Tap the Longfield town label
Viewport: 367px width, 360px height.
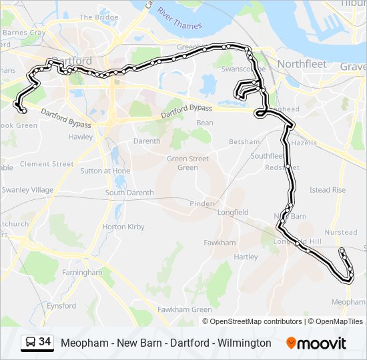(x=233, y=213)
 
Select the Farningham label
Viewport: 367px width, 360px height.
(x=83, y=273)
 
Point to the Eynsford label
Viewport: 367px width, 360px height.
(x=61, y=305)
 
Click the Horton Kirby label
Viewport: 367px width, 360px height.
(x=123, y=227)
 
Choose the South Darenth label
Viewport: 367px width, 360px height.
(x=129, y=193)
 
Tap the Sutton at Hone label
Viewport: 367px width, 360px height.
(x=105, y=171)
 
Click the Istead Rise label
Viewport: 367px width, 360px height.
(x=328, y=190)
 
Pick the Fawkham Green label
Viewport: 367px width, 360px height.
(x=184, y=310)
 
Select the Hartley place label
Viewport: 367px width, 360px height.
(x=246, y=257)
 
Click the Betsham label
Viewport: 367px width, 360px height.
(x=244, y=142)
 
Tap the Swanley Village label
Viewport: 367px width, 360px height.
(x=27, y=190)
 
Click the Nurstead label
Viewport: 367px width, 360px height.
(x=340, y=233)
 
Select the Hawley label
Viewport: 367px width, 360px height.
(x=81, y=137)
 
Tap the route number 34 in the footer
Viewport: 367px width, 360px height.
(x=45, y=342)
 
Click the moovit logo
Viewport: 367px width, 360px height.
(x=316, y=343)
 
